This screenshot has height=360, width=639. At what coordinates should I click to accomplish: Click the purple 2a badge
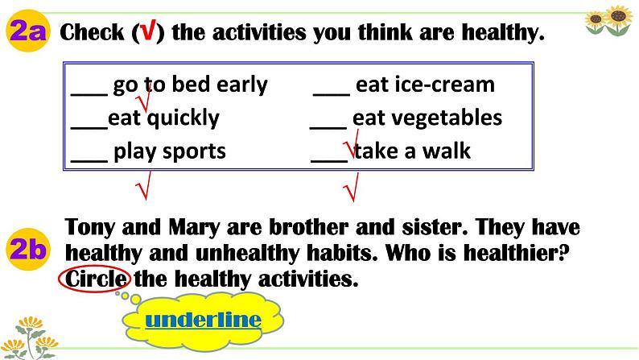pos(27,31)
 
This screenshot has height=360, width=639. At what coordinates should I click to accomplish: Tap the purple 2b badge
pos(27,249)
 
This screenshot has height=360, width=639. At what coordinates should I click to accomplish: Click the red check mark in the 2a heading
pos(148,31)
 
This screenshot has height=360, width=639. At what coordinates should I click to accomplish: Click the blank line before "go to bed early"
pos(89,94)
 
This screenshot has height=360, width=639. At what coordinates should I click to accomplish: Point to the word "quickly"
pos(183,118)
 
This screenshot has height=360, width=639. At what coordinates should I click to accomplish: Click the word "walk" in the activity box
pos(446,151)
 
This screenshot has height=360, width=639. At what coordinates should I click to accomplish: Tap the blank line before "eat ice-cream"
pos(332,94)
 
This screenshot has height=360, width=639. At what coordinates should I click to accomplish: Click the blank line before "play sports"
pos(89,161)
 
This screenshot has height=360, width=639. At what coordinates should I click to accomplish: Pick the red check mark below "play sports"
pos(143,185)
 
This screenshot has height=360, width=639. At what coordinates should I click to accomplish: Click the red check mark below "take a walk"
pos(351,187)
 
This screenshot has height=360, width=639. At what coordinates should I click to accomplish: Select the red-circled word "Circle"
pos(95,279)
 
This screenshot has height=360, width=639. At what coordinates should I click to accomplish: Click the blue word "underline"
pos(203,320)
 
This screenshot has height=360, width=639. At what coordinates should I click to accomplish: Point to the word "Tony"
pos(89,227)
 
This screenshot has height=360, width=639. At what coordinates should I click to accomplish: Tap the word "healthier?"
pos(517,253)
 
